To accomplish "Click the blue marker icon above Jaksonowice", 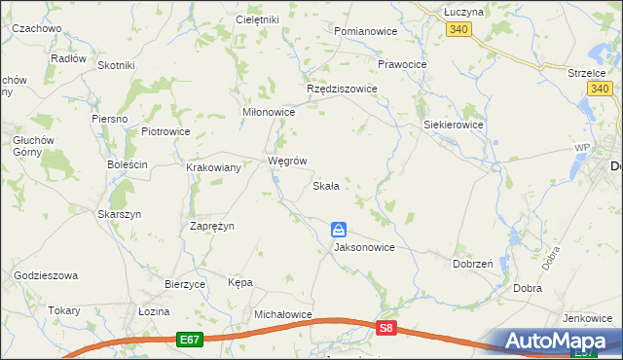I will pos(338,230).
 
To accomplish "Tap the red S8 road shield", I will pos(387,329).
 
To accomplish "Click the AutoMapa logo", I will pos(560,342).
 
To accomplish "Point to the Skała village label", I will pos(325,186).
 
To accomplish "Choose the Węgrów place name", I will pos(287,161).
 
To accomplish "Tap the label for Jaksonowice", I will pos(364,247).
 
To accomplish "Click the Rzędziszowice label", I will pos(342,89).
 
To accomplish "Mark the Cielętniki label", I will pos(257,19).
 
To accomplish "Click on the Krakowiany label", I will pos(214,167).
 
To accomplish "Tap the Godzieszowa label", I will pos(46,276).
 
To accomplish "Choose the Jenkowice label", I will pos(586,318).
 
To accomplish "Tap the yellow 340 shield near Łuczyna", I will pos(460,30).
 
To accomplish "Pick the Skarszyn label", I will pos(120,214).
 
